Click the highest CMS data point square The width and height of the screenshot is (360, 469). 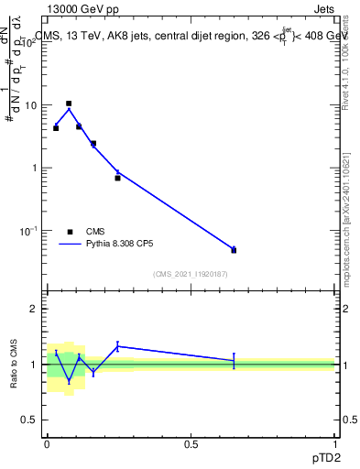point(69,104)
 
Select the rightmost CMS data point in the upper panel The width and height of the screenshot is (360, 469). point(234,250)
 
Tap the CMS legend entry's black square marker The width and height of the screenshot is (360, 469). point(70,232)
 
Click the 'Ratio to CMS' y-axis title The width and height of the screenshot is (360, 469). point(14,364)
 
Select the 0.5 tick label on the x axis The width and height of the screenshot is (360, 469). point(191,443)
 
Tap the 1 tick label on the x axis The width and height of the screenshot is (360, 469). point(336,443)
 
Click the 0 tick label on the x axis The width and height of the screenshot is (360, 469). point(47,443)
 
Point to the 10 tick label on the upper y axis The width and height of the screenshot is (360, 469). point(30,105)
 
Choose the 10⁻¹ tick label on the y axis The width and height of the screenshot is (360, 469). point(28,231)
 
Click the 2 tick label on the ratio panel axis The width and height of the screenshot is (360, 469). point(36,309)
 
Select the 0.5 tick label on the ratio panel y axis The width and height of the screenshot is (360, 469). point(30,420)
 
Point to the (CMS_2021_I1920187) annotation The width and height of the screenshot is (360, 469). point(191,273)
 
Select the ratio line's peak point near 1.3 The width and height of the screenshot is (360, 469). point(118,346)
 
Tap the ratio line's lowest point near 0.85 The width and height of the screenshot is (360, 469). point(69,380)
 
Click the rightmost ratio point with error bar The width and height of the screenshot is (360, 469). point(234,361)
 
